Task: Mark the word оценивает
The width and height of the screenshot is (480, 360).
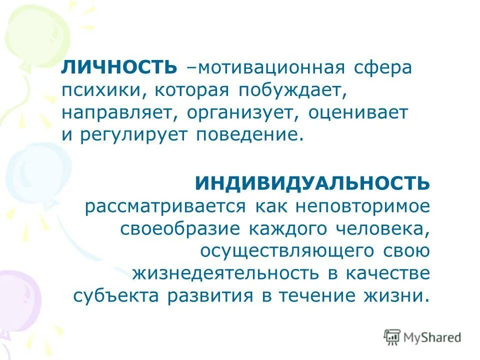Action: pos(358,113)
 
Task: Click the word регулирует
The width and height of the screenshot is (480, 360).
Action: pos(131,135)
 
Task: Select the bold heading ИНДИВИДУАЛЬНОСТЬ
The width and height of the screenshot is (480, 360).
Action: pos(312,183)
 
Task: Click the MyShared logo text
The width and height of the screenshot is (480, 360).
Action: pos(433,337)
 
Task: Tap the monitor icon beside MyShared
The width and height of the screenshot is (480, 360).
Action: pos(392,337)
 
